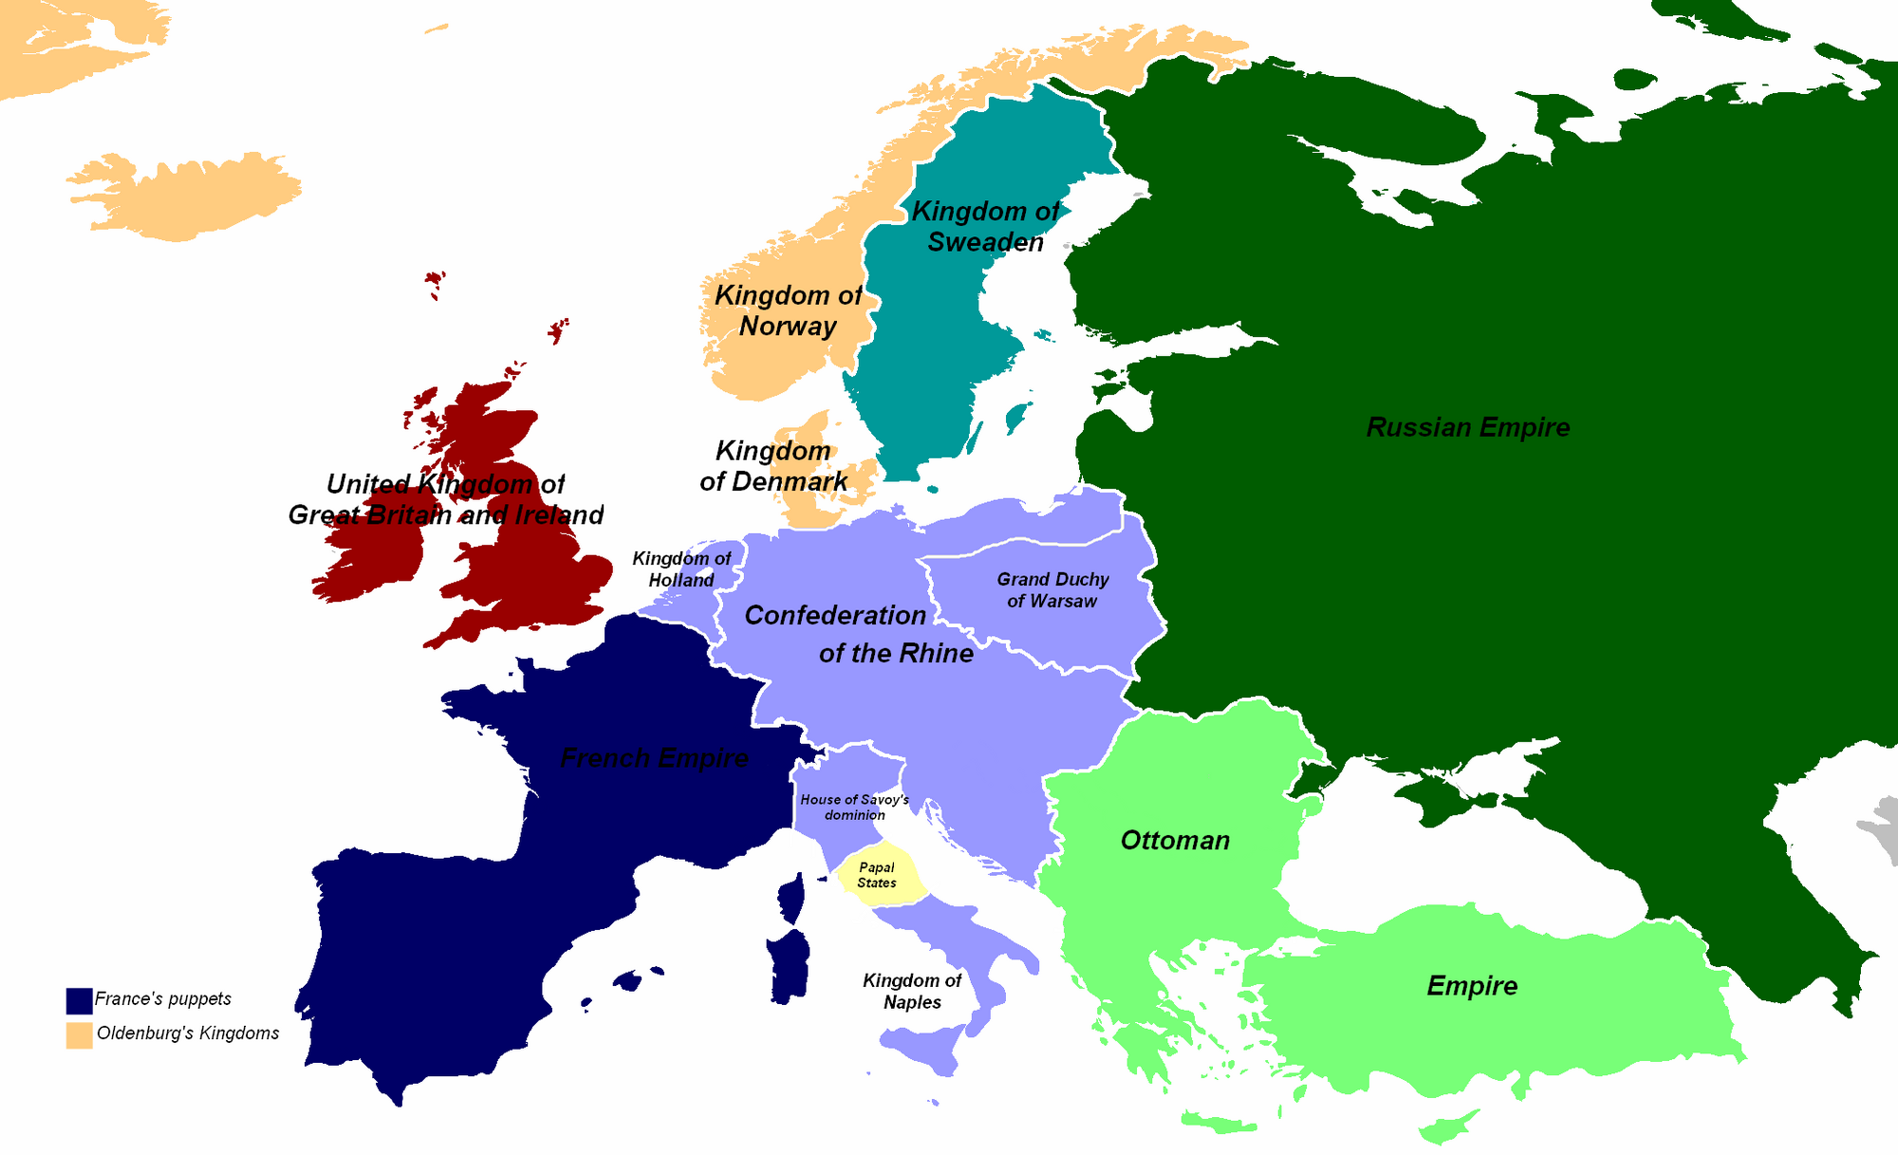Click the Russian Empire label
(x=1467, y=427)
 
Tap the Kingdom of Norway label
(x=788, y=310)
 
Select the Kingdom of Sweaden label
(x=985, y=227)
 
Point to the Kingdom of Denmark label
(x=772, y=466)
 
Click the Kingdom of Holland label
(x=681, y=569)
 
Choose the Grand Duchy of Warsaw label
(x=1052, y=589)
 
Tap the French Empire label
(x=654, y=757)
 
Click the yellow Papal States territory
(x=879, y=874)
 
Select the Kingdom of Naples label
(x=912, y=991)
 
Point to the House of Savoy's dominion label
(x=854, y=807)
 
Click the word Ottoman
(x=1175, y=840)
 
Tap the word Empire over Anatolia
(x=1472, y=986)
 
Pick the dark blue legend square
(x=79, y=1000)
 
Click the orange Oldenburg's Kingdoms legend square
(x=79, y=1034)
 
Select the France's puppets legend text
(x=163, y=998)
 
